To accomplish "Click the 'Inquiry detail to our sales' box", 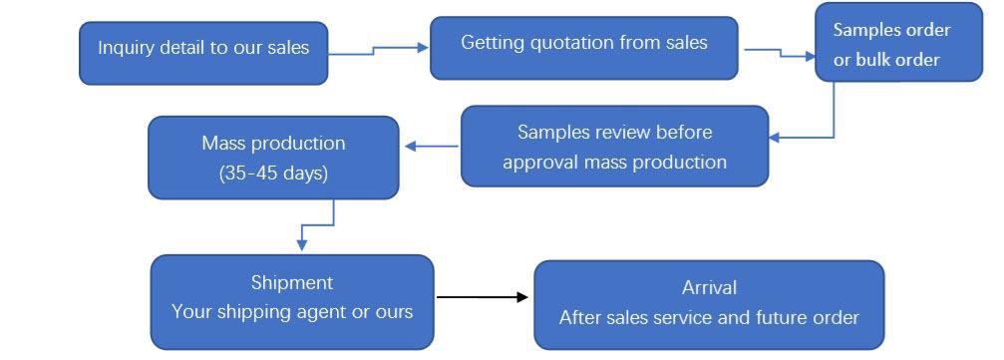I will (x=203, y=53).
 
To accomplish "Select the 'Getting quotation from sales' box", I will (x=583, y=48).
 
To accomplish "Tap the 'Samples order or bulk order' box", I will (x=898, y=44).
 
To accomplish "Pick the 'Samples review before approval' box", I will (x=614, y=147).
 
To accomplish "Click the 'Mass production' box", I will (x=273, y=157).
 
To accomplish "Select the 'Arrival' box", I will (x=709, y=304).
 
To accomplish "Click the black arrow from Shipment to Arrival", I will (x=482, y=297).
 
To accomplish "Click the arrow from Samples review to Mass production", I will (x=431, y=147).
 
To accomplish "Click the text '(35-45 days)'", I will (x=273, y=172).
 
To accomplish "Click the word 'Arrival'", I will (x=709, y=287).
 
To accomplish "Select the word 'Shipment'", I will (x=292, y=283).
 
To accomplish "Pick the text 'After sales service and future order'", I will (x=709, y=319).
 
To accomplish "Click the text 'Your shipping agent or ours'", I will (x=292, y=312).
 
